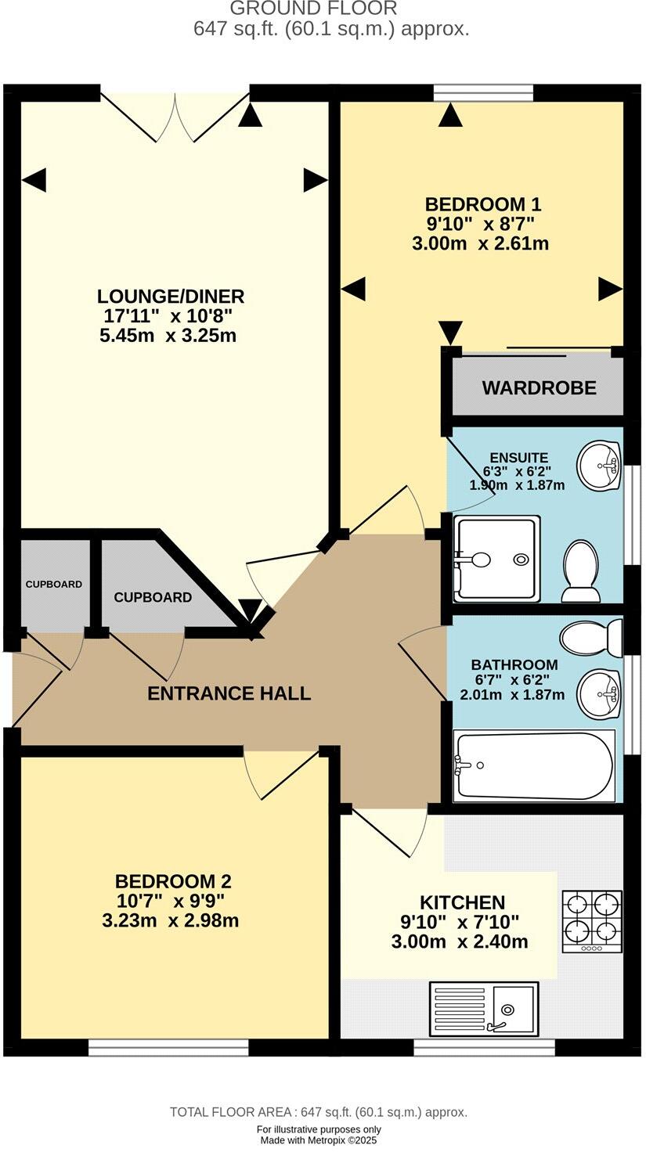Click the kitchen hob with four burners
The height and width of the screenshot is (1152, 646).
[592, 921]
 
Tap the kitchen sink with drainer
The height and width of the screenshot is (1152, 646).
[483, 1008]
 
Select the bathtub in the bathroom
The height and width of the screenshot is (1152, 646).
[535, 766]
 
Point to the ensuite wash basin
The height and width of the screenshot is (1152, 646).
[599, 466]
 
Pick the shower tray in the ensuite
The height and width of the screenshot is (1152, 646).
[497, 559]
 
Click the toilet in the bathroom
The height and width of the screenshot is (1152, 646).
[590, 638]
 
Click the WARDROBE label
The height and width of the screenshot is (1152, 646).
[540, 387]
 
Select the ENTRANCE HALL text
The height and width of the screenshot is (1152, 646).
[229, 693]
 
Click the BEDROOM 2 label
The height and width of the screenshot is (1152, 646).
[173, 881]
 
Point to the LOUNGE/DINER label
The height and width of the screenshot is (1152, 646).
[171, 297]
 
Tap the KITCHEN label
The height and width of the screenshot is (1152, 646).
[462, 902]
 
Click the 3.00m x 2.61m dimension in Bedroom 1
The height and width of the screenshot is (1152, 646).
[480, 243]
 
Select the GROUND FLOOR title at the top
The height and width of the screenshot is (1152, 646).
[313, 9]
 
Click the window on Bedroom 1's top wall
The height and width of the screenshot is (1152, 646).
[483, 92]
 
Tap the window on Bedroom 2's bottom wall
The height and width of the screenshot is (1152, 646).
[168, 1047]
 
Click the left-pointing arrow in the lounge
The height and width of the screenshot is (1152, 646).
[34, 181]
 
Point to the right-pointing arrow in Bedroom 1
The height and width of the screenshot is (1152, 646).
[610, 289]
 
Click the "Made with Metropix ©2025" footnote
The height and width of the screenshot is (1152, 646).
[319, 1140]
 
